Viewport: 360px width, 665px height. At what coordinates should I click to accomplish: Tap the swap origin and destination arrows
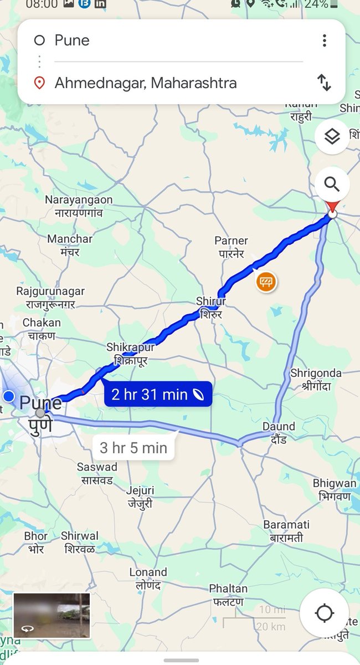pyautogui.click(x=324, y=83)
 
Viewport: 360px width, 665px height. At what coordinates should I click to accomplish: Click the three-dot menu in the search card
pyautogui.click(x=324, y=40)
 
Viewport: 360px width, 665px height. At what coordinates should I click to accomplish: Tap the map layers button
pyautogui.click(x=332, y=136)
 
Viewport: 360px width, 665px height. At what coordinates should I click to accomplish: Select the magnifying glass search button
pyautogui.click(x=332, y=184)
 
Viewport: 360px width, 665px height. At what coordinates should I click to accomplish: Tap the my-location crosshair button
pyautogui.click(x=324, y=613)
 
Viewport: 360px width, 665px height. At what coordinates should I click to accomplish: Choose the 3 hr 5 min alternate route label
pyautogui.click(x=133, y=447)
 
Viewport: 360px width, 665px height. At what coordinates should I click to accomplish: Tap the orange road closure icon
pyautogui.click(x=266, y=283)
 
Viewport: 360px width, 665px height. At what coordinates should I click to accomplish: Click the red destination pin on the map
pyautogui.click(x=332, y=209)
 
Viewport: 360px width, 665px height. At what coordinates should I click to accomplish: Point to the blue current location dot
pyautogui.click(x=9, y=396)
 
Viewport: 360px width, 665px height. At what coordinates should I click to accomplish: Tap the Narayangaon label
pyautogui.click(x=79, y=206)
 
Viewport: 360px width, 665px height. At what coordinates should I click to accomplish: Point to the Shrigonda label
pyautogui.click(x=316, y=380)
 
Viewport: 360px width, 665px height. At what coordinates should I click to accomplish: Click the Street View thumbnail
pyautogui.click(x=52, y=615)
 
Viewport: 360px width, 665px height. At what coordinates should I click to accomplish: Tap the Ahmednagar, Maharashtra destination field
pyautogui.click(x=146, y=83)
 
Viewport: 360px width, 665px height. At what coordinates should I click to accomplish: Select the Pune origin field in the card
pyautogui.click(x=72, y=40)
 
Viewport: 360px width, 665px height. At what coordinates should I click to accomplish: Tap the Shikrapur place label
pyautogui.click(x=131, y=354)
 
